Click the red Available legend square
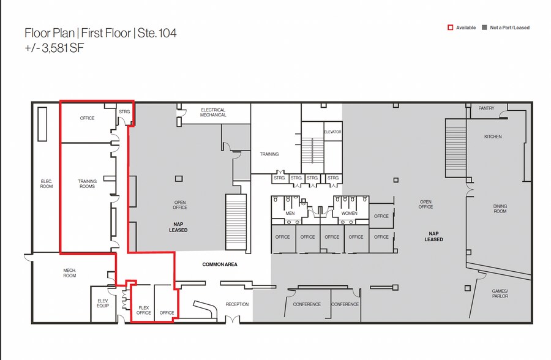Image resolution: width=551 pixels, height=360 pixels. coord(450,28)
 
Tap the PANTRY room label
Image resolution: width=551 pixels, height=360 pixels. coord(487,108)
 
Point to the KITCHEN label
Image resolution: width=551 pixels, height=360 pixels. coord(493,137)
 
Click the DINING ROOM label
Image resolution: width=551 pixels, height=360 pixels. coord(500,209)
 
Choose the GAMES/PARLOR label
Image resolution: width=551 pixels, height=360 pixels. coord(500,293)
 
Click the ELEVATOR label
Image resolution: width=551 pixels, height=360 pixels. coord(332,132)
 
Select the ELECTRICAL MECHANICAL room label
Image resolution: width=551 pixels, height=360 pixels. coord(213,113)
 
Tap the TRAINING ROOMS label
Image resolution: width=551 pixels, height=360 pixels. coord(87,183)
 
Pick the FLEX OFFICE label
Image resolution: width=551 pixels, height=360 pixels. coord(143,310)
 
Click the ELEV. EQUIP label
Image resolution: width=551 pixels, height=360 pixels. coord(103,302)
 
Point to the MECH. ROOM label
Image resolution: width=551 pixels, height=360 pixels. coord(69,273)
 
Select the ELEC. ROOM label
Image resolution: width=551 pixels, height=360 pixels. coord(47,184)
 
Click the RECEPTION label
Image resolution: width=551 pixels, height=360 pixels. coord(237,304)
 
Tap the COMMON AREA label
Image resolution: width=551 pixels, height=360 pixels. coord(220,264)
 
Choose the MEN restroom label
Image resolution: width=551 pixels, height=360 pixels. coord(290,213)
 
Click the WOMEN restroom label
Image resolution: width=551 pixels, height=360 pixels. coord(349,213)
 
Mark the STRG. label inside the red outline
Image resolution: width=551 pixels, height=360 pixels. coord(124,111)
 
